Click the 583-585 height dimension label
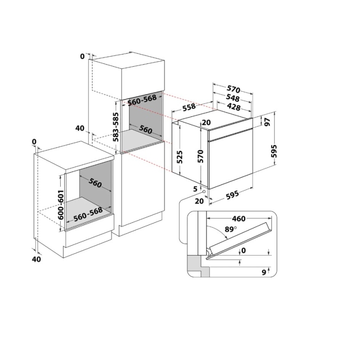(116, 127)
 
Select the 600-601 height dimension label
(61, 204)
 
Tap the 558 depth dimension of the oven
(189, 107)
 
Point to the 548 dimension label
(233, 98)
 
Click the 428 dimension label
(233, 107)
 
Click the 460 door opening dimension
(238, 219)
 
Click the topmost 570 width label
(233, 89)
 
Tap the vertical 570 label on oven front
(201, 156)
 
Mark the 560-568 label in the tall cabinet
(142, 101)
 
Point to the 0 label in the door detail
(243, 250)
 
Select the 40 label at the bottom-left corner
(36, 259)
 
